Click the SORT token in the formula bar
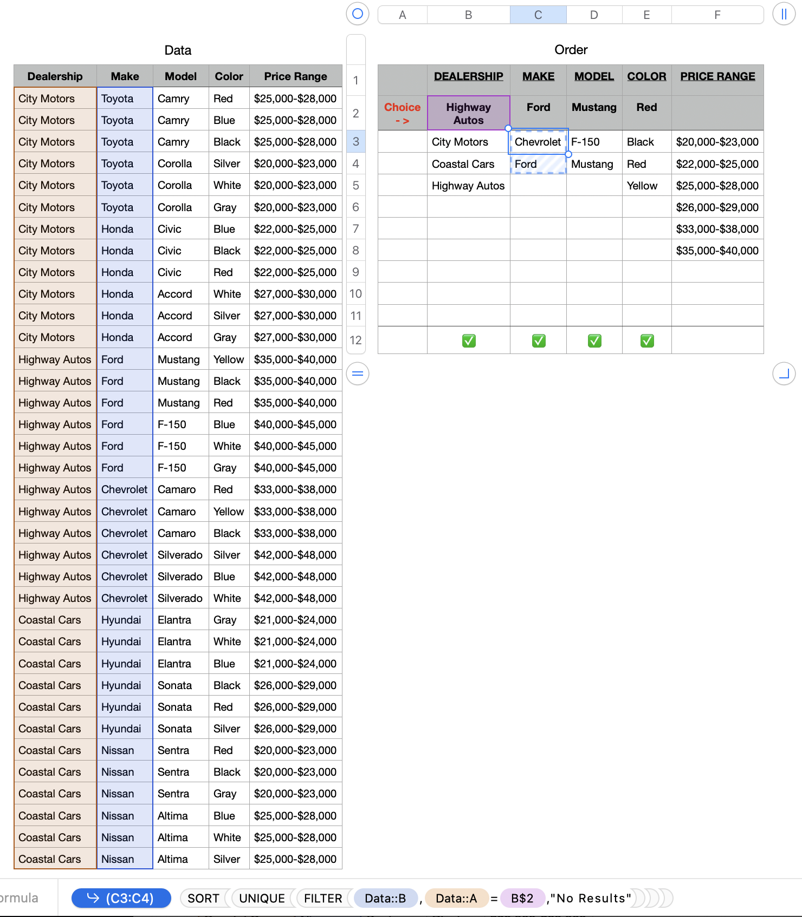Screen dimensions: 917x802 click(203, 899)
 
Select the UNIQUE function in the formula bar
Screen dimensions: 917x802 click(262, 899)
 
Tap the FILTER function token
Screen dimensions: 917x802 click(323, 899)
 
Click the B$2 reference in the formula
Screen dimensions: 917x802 click(522, 899)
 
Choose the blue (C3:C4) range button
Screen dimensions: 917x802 click(121, 899)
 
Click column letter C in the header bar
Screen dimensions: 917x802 click(538, 15)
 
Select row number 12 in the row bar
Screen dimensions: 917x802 click(355, 340)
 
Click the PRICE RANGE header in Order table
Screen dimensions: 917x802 click(717, 76)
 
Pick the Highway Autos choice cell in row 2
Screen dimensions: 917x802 click(468, 114)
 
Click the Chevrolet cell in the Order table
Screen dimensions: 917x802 click(538, 142)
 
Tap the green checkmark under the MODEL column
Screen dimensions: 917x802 click(594, 340)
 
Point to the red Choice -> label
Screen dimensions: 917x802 click(402, 114)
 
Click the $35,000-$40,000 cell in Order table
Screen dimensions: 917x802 click(717, 251)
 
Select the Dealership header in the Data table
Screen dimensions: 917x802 click(55, 76)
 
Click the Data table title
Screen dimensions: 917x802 click(178, 50)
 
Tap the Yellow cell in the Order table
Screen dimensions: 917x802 click(642, 186)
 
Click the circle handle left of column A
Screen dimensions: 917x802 click(358, 14)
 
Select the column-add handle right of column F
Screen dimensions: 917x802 click(784, 14)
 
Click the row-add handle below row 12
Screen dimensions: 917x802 click(358, 374)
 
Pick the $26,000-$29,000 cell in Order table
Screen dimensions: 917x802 click(717, 207)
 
